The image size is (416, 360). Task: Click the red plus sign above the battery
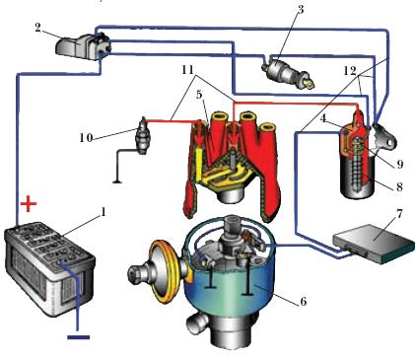(x=29, y=204)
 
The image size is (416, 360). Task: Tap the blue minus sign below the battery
(x=78, y=337)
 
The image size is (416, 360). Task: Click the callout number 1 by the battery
(x=104, y=212)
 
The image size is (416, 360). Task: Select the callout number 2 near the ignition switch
(x=38, y=28)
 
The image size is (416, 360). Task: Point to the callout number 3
(x=301, y=9)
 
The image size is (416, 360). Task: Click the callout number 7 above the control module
(x=398, y=214)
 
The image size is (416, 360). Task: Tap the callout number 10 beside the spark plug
(x=86, y=137)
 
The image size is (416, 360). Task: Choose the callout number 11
(x=187, y=70)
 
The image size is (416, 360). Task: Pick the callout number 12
(x=349, y=71)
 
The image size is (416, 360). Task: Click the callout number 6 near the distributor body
(x=303, y=301)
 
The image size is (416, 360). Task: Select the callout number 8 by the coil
(x=399, y=186)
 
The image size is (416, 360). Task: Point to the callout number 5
(x=199, y=95)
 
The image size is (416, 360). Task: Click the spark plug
(x=144, y=135)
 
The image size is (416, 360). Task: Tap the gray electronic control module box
(x=374, y=244)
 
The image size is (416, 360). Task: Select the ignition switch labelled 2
(x=83, y=46)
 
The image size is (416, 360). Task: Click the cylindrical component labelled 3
(x=288, y=73)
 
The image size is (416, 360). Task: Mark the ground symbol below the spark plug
(x=117, y=181)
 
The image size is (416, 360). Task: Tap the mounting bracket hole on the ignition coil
(x=390, y=142)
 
